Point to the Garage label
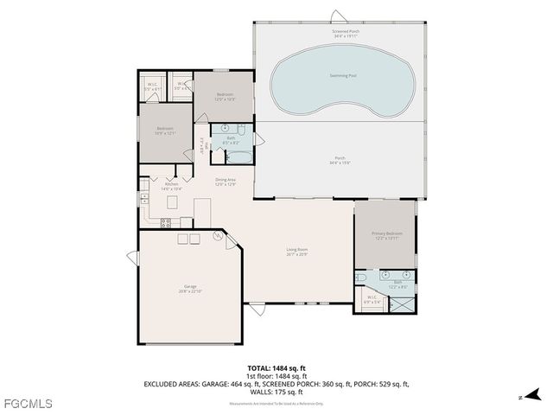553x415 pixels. tap(190, 288)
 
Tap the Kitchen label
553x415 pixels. tap(171, 186)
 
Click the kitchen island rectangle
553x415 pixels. tap(171, 201)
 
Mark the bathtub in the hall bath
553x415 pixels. tap(238, 157)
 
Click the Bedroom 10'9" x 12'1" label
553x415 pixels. tap(165, 131)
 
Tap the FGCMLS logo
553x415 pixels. tap(28, 403)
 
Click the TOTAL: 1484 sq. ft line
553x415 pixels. tap(276, 367)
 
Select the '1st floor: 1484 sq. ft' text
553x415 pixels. tap(276, 375)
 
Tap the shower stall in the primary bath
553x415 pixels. tap(403, 303)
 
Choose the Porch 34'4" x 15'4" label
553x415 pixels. tap(340, 159)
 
